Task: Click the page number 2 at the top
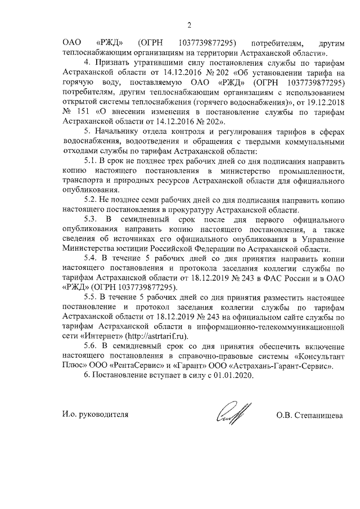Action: (190, 24)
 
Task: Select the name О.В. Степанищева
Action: (310, 416)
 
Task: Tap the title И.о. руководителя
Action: (95, 416)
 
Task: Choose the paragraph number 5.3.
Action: (91, 218)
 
